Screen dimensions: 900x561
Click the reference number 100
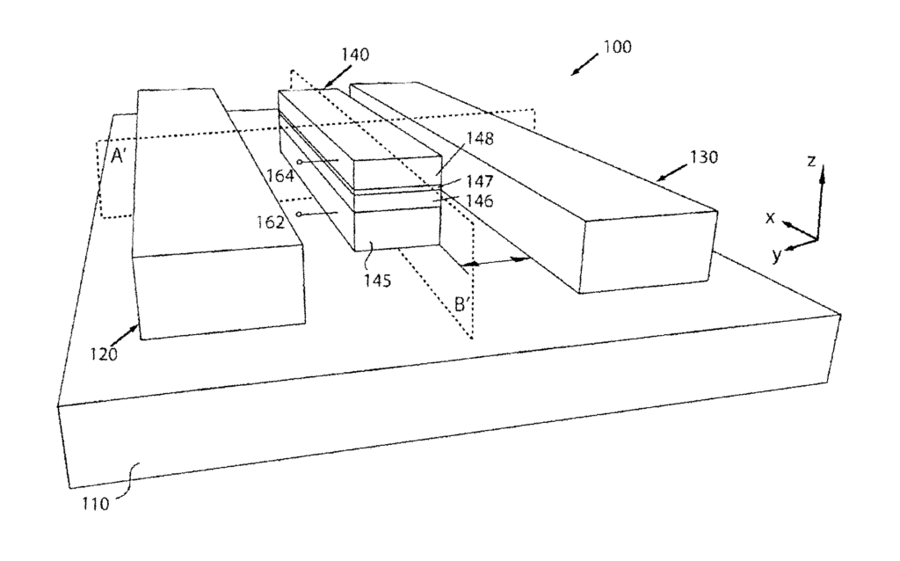pos(618,47)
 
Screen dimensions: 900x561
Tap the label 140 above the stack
pos(355,55)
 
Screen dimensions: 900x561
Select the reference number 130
pos(704,157)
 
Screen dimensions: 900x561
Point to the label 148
pos(480,138)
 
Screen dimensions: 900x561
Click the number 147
pos(480,181)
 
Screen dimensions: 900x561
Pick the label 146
pos(480,201)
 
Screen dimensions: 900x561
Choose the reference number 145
pos(377,280)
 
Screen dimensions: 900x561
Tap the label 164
pos(280,176)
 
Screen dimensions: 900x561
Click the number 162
pos(271,222)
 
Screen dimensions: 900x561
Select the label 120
pos(104,354)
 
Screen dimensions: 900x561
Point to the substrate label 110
pos(95,504)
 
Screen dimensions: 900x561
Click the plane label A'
pos(119,156)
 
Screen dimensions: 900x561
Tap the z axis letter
pos(811,161)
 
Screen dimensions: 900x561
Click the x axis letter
pos(770,217)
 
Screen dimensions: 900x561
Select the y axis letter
pos(777,254)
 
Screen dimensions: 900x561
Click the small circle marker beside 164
pos(300,162)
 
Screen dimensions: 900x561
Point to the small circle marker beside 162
pos(299,215)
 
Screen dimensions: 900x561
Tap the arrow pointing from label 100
pos(584,64)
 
